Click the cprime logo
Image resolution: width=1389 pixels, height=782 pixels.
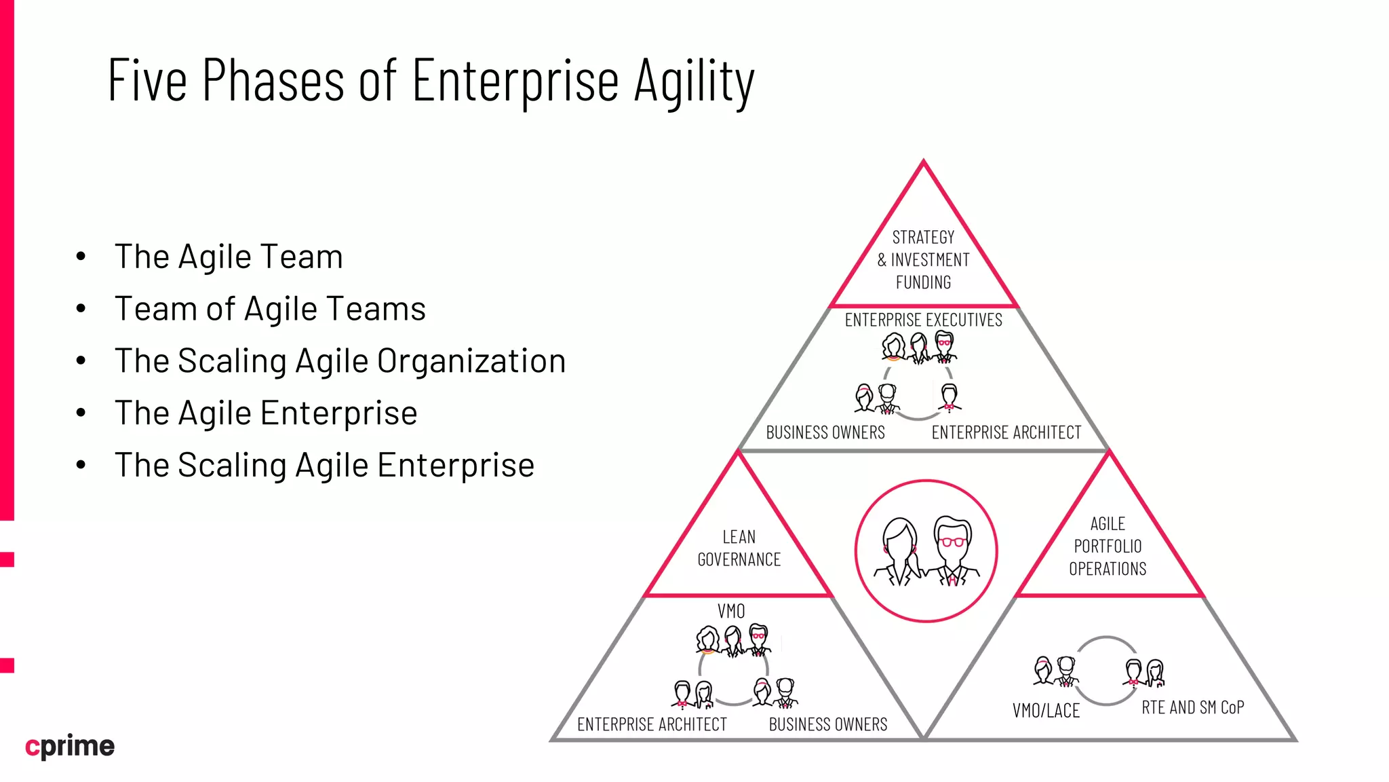coord(70,746)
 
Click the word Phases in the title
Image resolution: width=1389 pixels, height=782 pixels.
coord(273,81)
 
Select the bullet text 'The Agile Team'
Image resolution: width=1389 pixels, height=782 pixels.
coord(229,257)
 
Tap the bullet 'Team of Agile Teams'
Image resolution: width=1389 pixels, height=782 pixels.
coord(270,309)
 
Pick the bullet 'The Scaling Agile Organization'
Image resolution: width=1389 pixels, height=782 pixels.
coord(340,360)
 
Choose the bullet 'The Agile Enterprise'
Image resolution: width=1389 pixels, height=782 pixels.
coord(266,413)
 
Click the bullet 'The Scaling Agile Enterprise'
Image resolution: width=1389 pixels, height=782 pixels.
coord(324,465)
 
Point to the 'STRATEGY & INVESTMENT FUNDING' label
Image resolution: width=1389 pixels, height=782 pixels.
coord(923,259)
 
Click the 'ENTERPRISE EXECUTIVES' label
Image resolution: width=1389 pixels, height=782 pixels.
coord(923,320)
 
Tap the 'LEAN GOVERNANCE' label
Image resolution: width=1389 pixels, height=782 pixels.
coord(739,548)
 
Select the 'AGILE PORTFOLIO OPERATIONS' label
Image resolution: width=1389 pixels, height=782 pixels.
coord(1108,546)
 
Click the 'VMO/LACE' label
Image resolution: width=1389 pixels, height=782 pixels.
coord(1046,711)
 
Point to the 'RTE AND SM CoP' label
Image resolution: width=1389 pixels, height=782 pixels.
coord(1192,707)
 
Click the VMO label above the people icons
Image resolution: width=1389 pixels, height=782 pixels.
coord(731,611)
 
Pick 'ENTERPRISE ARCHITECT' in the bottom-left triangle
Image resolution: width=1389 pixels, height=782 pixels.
coord(652,724)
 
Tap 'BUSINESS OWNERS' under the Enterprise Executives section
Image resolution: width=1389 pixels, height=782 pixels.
coord(825,432)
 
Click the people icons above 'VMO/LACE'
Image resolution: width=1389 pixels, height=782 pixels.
coord(1056,671)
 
